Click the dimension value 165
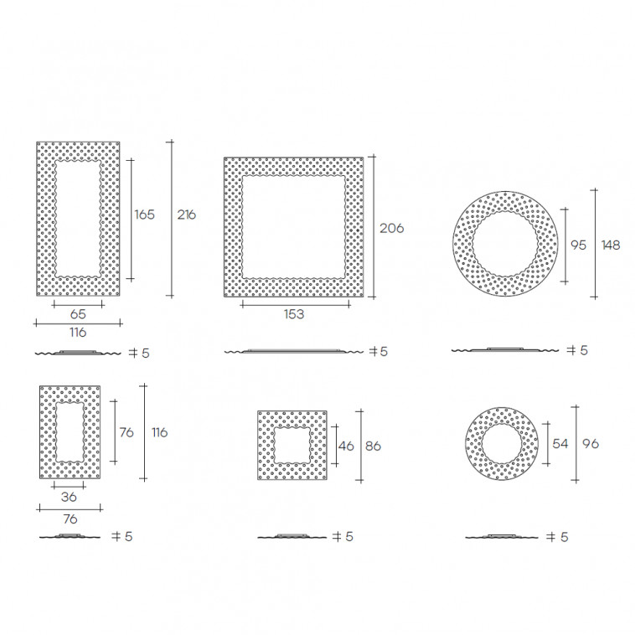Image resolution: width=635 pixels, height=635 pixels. [145, 214]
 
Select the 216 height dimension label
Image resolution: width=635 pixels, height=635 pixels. [186, 214]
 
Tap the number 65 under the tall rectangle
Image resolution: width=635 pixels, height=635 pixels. [78, 314]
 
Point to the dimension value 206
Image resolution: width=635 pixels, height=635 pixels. [391, 229]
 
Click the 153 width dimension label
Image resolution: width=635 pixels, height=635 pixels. [293, 314]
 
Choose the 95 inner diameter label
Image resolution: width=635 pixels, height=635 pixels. [578, 245]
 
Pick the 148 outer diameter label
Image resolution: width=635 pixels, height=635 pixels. [611, 245]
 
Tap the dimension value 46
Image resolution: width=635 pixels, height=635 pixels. [346, 446]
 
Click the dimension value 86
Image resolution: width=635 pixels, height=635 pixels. [373, 446]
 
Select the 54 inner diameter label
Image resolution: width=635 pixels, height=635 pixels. [560, 443]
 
